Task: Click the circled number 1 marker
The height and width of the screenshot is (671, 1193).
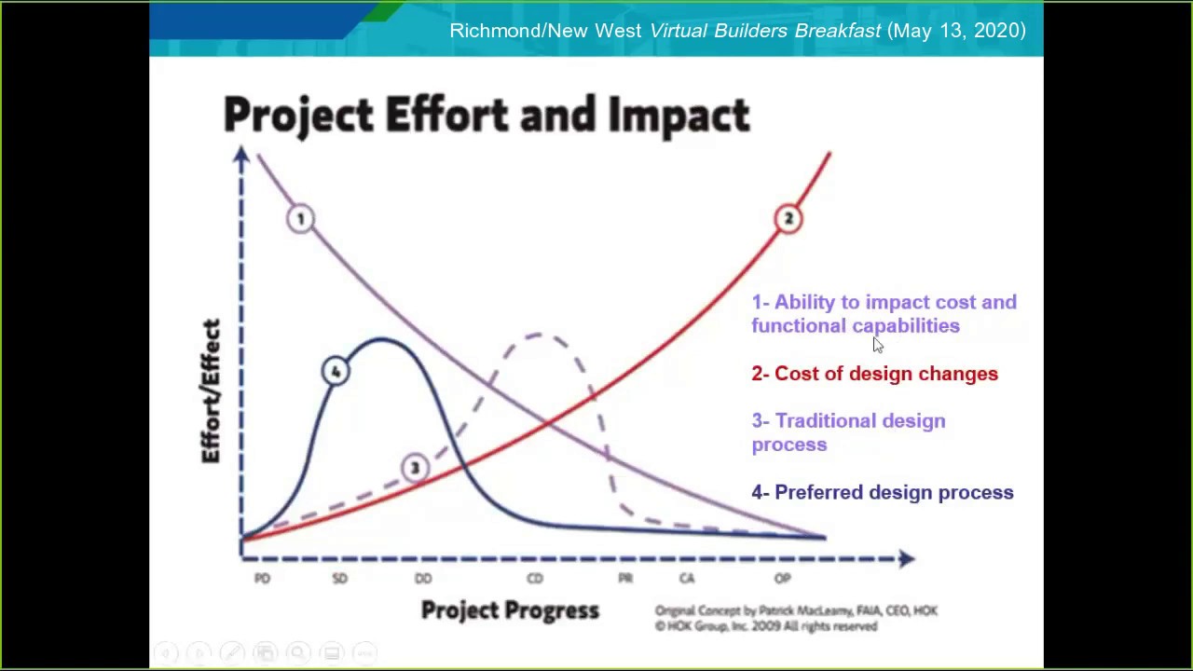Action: (x=300, y=219)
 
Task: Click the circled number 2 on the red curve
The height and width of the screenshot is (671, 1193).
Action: (x=788, y=219)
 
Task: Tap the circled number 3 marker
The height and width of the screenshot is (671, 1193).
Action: (x=414, y=468)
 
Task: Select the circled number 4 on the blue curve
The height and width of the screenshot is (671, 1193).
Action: (x=336, y=372)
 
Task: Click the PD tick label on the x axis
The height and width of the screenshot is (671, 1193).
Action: (x=262, y=579)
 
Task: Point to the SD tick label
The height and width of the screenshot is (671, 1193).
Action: (x=339, y=579)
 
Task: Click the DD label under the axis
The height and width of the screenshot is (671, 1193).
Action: (x=423, y=579)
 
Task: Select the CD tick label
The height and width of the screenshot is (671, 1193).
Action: (x=534, y=579)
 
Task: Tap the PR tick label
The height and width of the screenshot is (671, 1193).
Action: (x=625, y=579)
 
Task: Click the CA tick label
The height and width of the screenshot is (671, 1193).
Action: (x=687, y=579)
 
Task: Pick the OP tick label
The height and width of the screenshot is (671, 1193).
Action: (x=782, y=579)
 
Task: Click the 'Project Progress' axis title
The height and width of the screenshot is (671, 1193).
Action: (x=510, y=610)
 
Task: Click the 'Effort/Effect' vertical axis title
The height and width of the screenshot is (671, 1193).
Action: (x=212, y=391)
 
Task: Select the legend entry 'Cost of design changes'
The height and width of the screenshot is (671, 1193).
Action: (x=874, y=374)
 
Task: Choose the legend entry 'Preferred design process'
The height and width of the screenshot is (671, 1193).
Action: (x=882, y=492)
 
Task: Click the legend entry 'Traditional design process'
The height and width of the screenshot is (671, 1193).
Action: (x=847, y=432)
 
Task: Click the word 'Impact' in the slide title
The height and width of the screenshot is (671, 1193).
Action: (x=679, y=116)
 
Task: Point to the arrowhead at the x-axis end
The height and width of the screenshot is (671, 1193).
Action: (x=906, y=558)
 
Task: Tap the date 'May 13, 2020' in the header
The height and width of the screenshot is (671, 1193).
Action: (x=956, y=31)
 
